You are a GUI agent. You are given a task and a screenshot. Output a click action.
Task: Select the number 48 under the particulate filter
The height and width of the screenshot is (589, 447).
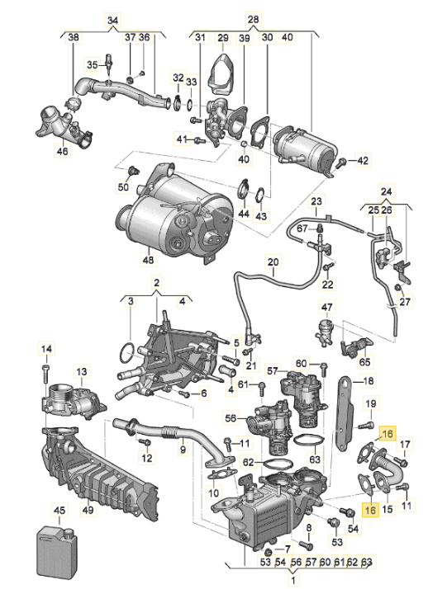point(149,260)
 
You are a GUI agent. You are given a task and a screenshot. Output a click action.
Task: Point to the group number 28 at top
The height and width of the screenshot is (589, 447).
point(253,20)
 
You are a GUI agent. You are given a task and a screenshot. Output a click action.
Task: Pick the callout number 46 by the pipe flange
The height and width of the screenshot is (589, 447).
point(63,153)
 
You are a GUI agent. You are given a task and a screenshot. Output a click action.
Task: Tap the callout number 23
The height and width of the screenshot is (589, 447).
point(315,201)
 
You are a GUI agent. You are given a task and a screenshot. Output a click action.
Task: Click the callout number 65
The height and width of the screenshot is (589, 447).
point(365,361)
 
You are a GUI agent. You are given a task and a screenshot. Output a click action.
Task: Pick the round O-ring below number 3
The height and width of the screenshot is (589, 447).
point(124,354)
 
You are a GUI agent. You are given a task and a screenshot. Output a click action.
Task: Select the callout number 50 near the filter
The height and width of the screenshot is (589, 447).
point(123,188)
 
